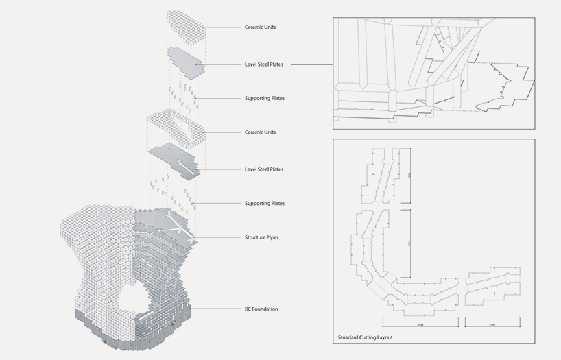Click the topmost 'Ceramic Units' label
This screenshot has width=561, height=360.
260,27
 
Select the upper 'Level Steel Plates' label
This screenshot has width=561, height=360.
264,64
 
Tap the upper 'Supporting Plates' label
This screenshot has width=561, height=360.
264,98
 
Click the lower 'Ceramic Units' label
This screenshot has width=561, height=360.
260,132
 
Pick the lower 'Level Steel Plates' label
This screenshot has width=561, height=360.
264,169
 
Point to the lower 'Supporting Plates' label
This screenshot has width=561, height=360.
264,203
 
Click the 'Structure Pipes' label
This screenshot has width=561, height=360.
261,237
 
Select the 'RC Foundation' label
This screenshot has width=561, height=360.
261,309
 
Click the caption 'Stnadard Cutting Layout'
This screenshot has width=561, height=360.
366,337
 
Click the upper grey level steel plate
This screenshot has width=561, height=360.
184,62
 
